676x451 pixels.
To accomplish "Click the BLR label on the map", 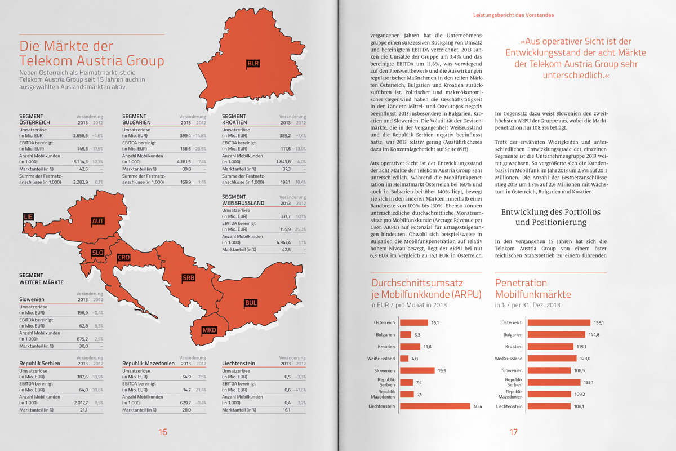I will click(x=253, y=63).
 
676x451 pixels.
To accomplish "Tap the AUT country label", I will click(x=98, y=222).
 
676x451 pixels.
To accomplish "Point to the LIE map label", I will click(x=28, y=216).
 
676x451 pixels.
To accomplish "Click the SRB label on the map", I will click(x=188, y=278).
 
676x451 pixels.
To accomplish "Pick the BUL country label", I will click(x=251, y=303).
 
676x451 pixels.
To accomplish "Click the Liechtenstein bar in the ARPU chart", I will click(x=434, y=406).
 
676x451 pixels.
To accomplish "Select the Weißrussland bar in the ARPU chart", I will click(x=404, y=359).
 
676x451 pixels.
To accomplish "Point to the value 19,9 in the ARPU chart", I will click(x=442, y=370).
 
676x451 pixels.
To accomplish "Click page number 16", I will click(x=163, y=432).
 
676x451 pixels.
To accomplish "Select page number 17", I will click(x=513, y=432).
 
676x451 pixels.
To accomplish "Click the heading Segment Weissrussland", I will click(x=244, y=200).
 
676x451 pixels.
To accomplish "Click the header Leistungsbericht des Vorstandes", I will click(x=513, y=15).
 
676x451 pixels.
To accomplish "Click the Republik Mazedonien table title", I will click(x=147, y=364).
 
